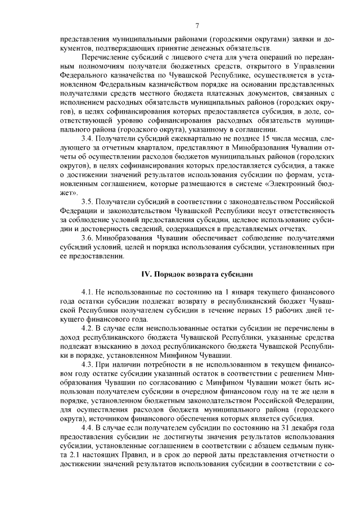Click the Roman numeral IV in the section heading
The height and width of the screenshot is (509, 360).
tap(146, 274)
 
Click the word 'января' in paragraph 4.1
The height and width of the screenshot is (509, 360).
tap(247, 293)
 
